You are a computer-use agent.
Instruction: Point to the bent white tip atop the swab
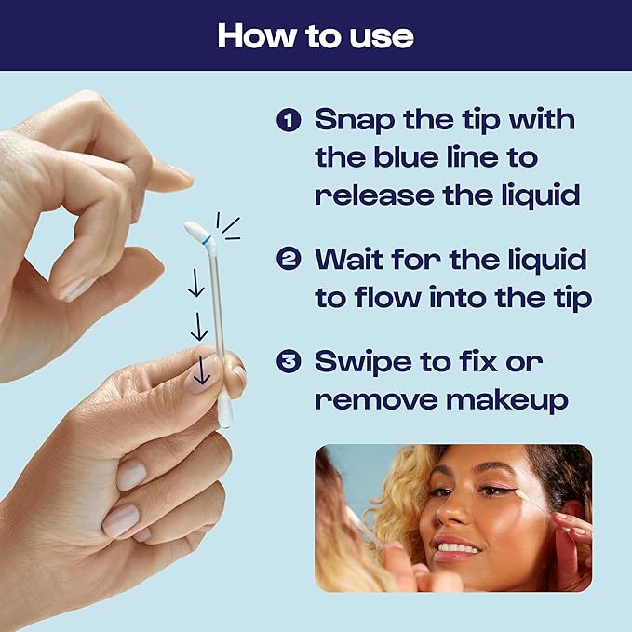195,230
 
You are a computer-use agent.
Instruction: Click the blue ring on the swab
207,239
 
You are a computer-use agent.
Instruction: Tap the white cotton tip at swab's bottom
224,413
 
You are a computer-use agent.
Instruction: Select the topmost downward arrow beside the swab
195,285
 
